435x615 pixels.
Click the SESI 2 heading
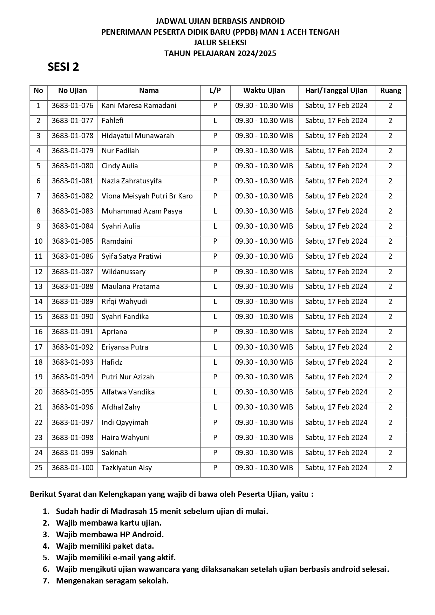(x=63, y=67)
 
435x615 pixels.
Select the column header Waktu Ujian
(x=264, y=90)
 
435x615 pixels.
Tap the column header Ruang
(x=390, y=90)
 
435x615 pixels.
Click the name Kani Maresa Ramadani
(x=139, y=106)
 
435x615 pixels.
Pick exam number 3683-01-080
(x=73, y=166)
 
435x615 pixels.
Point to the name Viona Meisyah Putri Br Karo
(x=147, y=196)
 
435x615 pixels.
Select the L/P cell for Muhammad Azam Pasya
(x=215, y=211)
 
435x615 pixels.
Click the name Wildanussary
(x=123, y=272)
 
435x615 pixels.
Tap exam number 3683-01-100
(x=73, y=468)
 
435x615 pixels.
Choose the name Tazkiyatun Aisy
(x=127, y=468)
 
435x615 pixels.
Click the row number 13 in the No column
(x=39, y=286)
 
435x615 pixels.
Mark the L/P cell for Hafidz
(x=215, y=362)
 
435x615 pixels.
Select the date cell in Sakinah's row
(x=336, y=453)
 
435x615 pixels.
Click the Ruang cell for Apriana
(x=390, y=332)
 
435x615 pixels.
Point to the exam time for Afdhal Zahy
(x=264, y=407)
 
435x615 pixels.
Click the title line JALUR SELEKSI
(x=220, y=43)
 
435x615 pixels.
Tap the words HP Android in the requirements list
(x=147, y=534)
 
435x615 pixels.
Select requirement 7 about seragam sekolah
(x=112, y=581)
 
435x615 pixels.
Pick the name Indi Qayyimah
(x=125, y=423)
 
